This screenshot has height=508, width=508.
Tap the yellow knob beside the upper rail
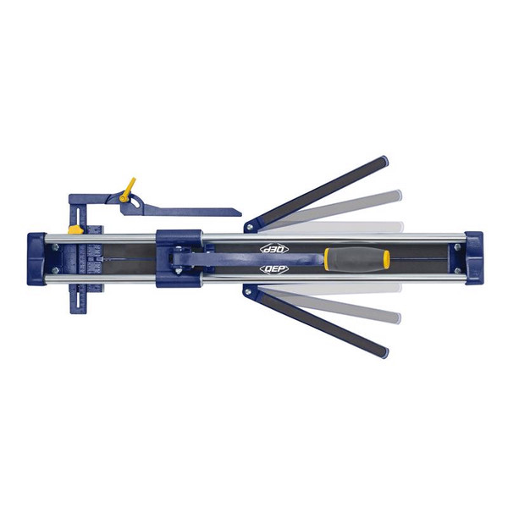pos(75,229)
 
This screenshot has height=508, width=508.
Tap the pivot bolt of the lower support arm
pos(248,292)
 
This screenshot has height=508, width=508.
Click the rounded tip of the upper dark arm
pos(384,161)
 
